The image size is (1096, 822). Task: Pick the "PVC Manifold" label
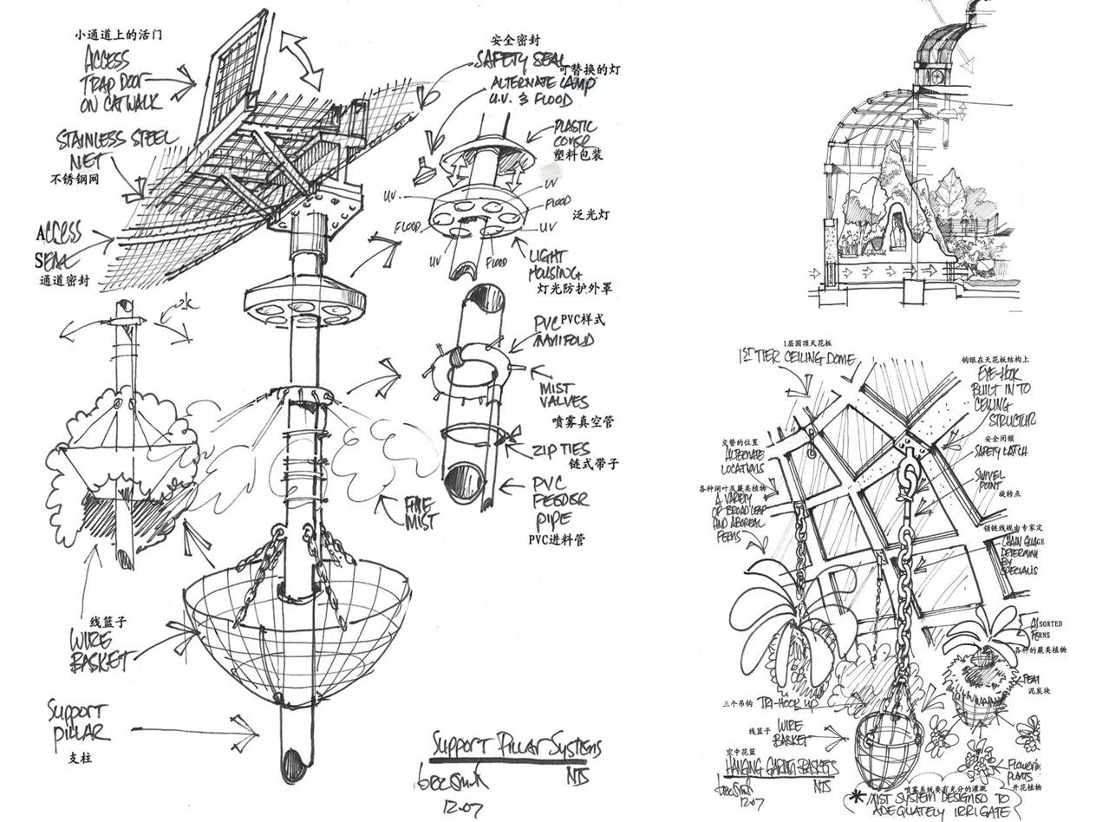pos(563,331)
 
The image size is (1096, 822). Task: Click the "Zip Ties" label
pos(561,450)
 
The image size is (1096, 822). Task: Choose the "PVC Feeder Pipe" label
pos(558,502)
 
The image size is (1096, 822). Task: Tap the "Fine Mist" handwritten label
pos(421,512)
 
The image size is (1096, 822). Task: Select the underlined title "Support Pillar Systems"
pos(515,747)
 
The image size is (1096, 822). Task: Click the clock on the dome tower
pos(936,75)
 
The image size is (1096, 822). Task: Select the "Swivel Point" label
pos(988,480)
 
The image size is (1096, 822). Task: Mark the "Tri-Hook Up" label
pos(788,702)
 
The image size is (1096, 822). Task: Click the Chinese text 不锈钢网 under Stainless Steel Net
pos(75,180)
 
